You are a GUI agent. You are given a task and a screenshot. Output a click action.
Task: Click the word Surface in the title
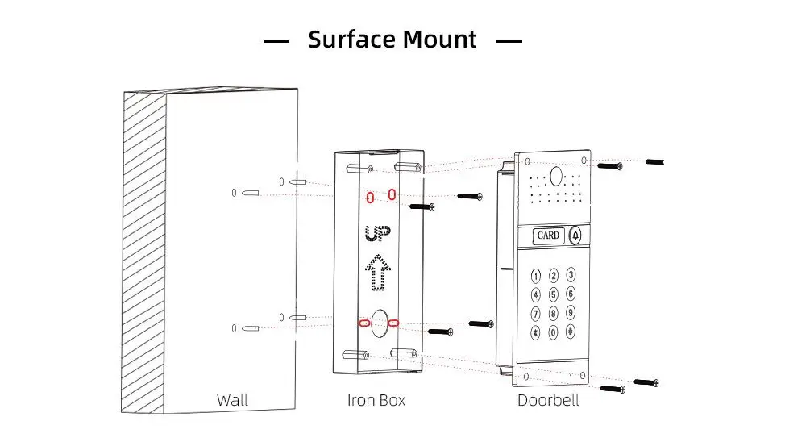[x=351, y=40]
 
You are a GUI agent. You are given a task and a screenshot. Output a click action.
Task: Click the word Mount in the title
[x=439, y=40]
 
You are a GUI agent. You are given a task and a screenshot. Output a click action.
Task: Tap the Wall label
[x=232, y=400]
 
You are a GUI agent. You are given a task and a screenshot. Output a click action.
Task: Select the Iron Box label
[x=376, y=400]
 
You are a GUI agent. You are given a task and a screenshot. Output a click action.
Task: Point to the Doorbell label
[x=548, y=400]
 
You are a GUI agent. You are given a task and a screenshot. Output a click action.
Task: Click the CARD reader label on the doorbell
[x=548, y=236]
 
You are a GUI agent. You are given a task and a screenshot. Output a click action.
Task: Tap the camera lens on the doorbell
[x=555, y=174]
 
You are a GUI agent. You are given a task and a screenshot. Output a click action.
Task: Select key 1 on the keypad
[x=535, y=276]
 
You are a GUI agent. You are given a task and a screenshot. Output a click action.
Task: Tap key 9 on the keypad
[x=571, y=313]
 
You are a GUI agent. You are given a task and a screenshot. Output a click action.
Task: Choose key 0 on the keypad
[x=553, y=331]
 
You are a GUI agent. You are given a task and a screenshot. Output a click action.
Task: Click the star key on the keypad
[x=535, y=331]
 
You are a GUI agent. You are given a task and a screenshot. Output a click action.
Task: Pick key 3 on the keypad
[x=571, y=276]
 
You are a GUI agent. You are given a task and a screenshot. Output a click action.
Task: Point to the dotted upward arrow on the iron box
[x=376, y=272]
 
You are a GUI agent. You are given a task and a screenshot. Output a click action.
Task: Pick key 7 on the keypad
[x=535, y=313]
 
